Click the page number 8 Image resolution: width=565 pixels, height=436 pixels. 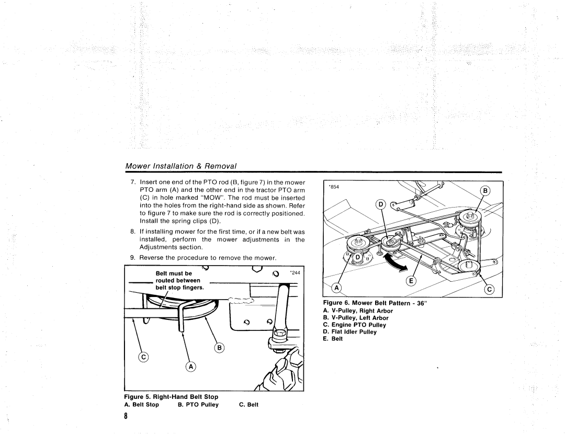coord(126,416)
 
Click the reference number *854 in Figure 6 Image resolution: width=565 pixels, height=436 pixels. coord(334,186)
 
